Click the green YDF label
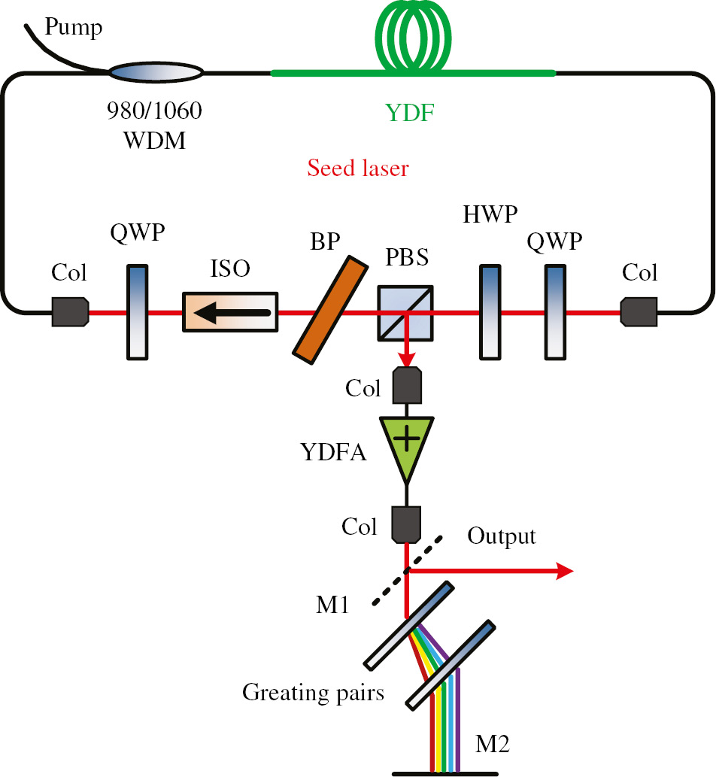coord(410,114)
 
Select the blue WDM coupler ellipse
coord(156,73)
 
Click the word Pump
coord(73,29)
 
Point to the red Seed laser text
coord(357,167)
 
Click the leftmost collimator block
coord(71,311)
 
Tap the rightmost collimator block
coord(639,311)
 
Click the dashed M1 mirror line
coord(408,571)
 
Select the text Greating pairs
coord(313,691)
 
